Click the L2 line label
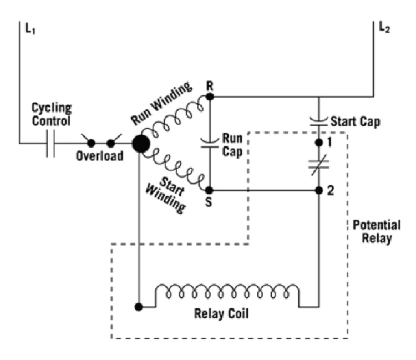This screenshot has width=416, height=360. (383, 28)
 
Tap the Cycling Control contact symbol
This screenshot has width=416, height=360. (50, 144)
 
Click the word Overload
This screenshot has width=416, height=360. (99, 156)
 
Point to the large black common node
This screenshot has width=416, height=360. (140, 144)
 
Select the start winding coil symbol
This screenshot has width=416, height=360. (177, 170)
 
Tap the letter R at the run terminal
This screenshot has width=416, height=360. (209, 86)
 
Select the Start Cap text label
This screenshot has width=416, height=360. (354, 121)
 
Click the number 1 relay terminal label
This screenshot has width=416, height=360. (332, 143)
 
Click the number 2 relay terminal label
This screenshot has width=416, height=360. (332, 191)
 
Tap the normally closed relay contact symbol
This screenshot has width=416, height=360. (319, 165)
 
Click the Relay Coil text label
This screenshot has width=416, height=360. (221, 314)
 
